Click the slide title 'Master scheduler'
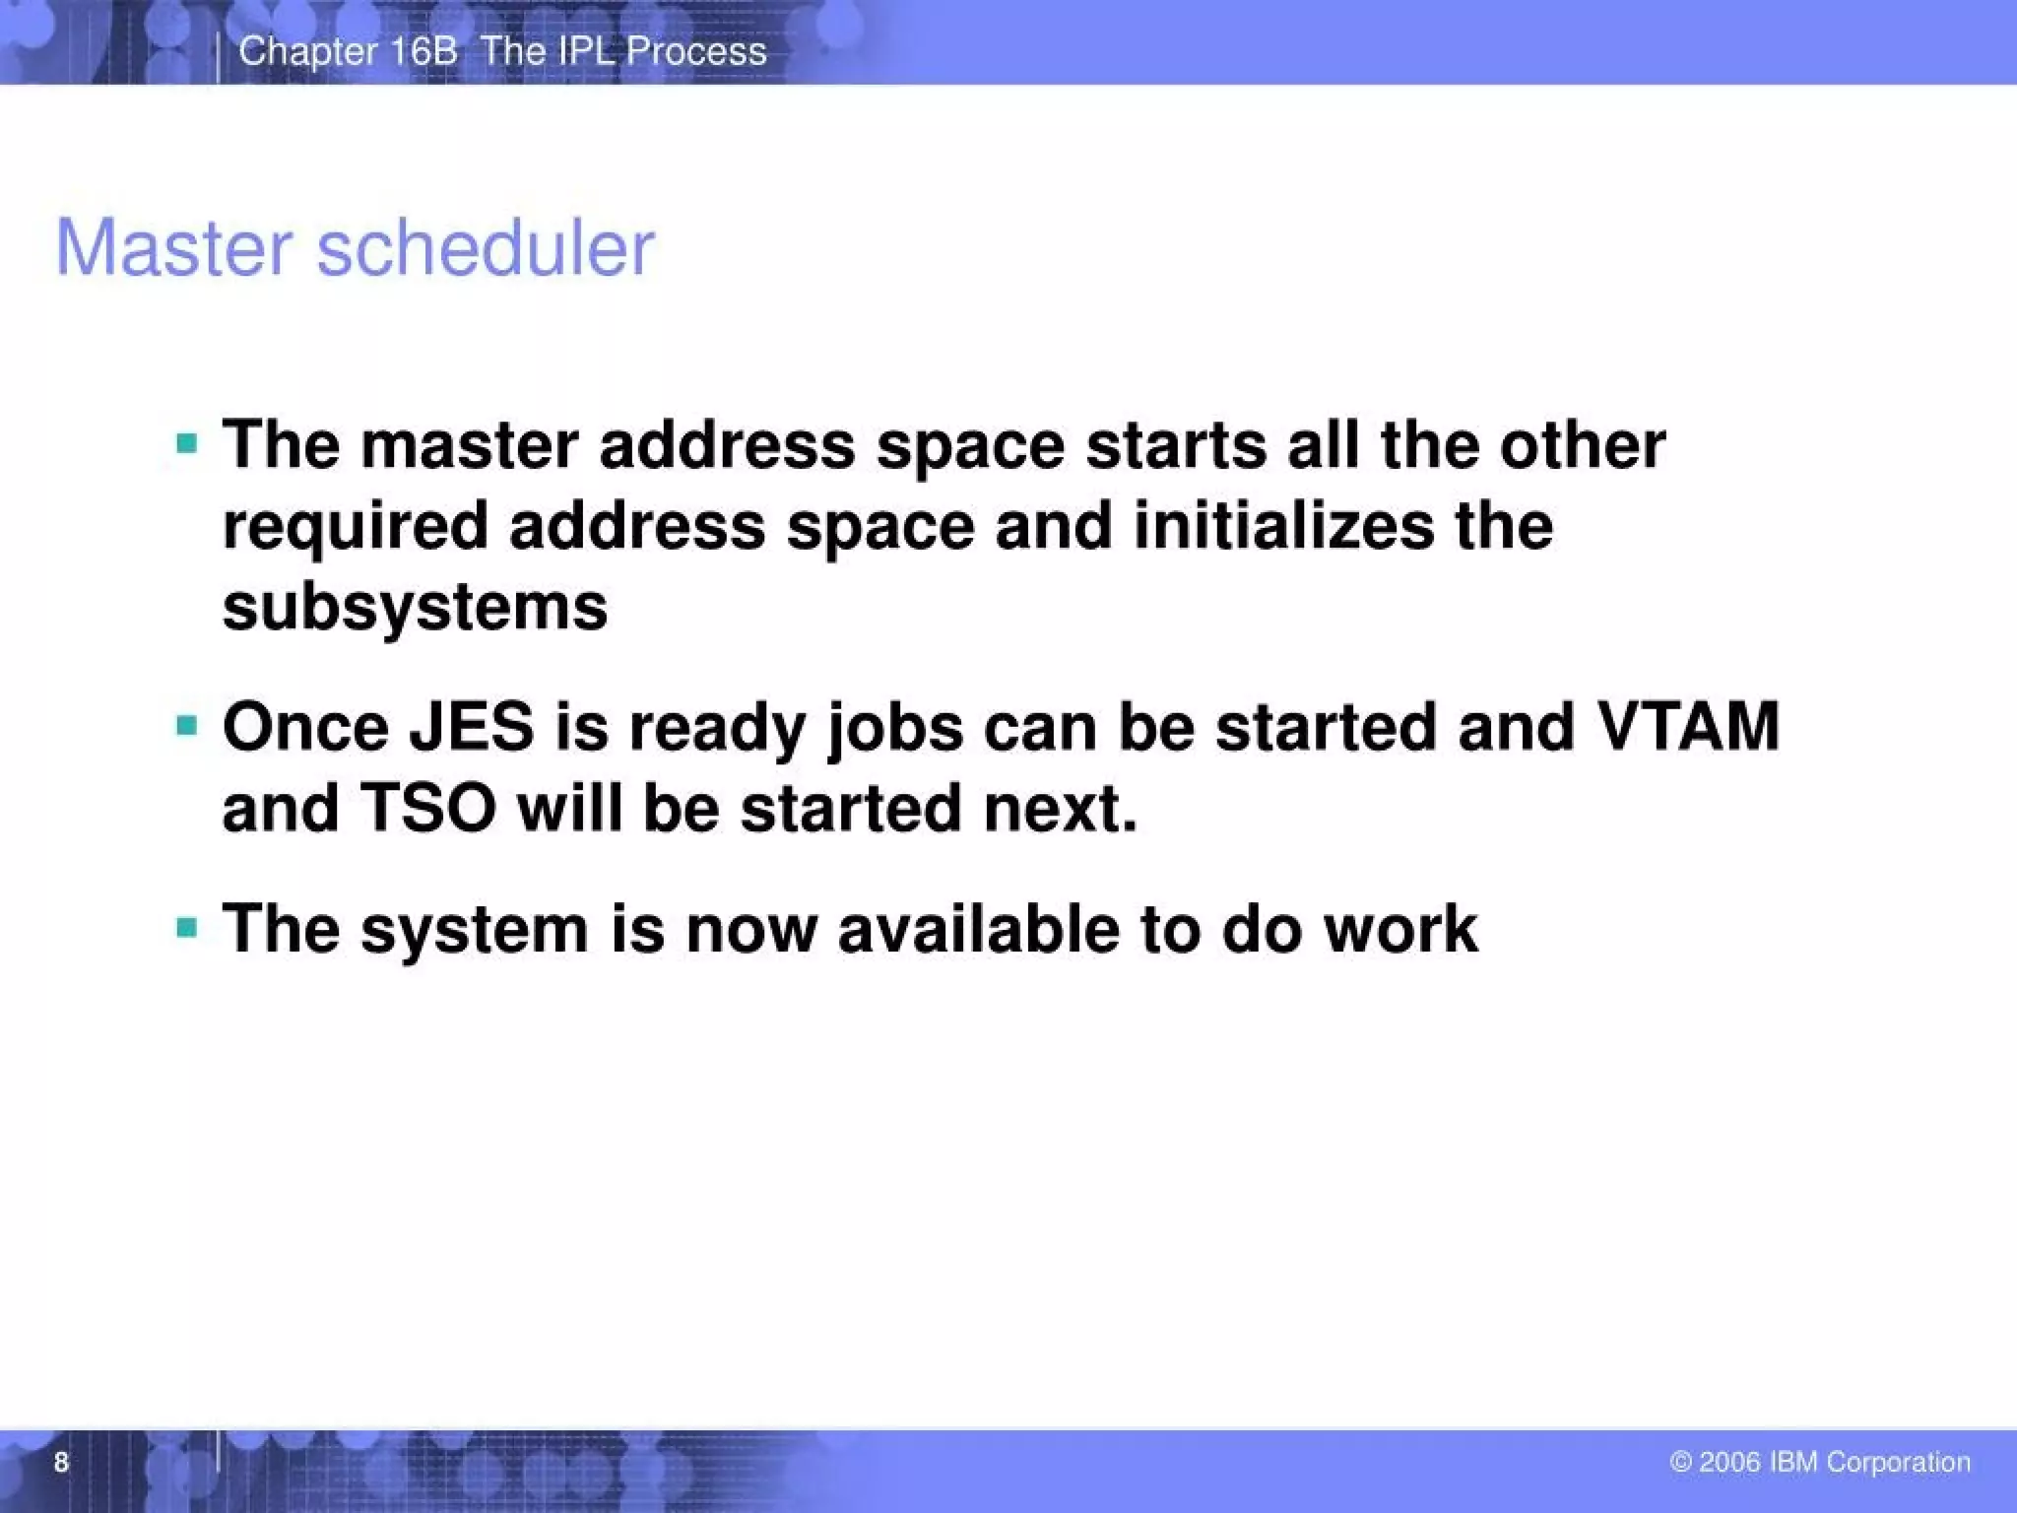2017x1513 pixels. [355, 247]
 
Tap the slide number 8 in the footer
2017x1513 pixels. [61, 1462]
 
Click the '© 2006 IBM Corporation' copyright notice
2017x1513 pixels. [1820, 1462]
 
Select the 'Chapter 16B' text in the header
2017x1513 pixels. [348, 51]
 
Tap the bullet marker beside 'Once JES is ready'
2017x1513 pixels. [187, 726]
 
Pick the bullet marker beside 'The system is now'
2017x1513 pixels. [187, 927]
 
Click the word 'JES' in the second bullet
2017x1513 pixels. [472, 727]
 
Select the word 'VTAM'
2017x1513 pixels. [1688, 727]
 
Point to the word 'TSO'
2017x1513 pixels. [427, 808]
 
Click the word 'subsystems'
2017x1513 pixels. [415, 607]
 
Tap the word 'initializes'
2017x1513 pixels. [1283, 525]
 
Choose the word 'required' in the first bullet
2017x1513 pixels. [356, 527]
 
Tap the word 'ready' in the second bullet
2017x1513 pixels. [717, 729]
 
